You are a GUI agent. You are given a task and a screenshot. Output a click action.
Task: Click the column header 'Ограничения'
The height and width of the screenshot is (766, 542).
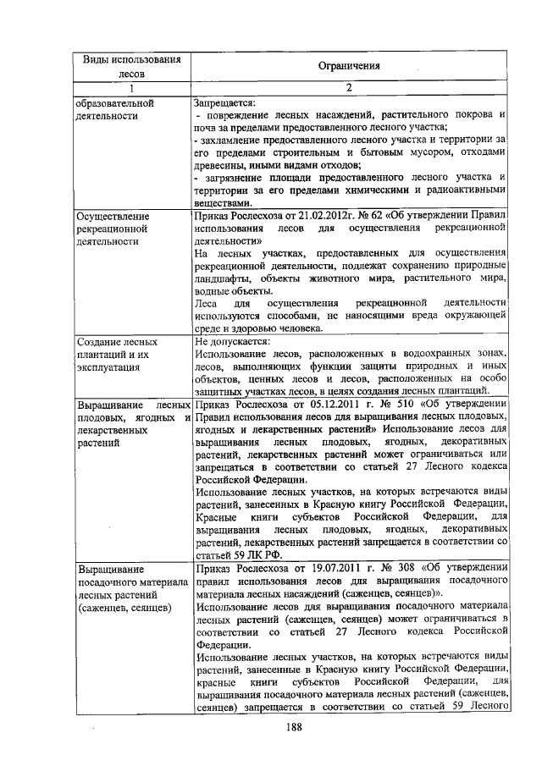pos(349,65)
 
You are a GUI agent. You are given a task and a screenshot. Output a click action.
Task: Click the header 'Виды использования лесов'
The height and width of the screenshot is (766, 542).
pos(131,66)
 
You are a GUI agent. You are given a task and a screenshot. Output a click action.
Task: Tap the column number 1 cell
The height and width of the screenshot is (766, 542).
pos(131,87)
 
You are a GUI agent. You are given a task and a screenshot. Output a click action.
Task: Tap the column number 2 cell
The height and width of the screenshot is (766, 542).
pos(349,87)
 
